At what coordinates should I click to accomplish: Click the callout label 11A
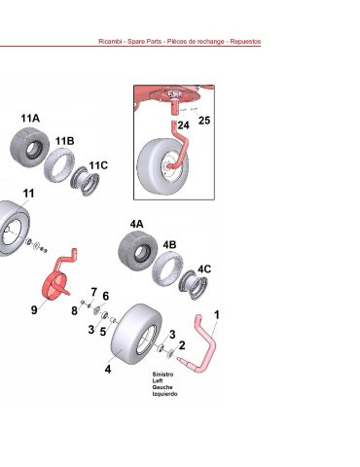[30, 118]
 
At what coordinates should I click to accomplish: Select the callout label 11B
[64, 141]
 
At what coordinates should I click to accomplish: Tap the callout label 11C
[98, 165]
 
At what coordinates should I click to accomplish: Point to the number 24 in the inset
[184, 126]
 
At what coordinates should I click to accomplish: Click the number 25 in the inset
[204, 121]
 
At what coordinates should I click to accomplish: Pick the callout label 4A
[136, 224]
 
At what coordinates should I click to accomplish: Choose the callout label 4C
[204, 269]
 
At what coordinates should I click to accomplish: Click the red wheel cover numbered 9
[55, 285]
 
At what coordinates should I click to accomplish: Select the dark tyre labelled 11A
[30, 148]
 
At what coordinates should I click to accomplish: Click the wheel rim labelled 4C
[194, 285]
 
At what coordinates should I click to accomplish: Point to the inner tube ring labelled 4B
[167, 269]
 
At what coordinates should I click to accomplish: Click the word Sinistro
[162, 375]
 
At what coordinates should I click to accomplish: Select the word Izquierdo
[164, 394]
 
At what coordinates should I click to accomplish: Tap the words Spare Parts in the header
[144, 42]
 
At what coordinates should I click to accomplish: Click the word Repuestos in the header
[245, 42]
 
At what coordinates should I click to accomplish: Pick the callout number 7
[94, 292]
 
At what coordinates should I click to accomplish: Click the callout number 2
[182, 345]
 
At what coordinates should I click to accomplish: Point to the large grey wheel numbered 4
[136, 334]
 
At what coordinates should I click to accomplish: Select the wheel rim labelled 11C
[86, 180]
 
